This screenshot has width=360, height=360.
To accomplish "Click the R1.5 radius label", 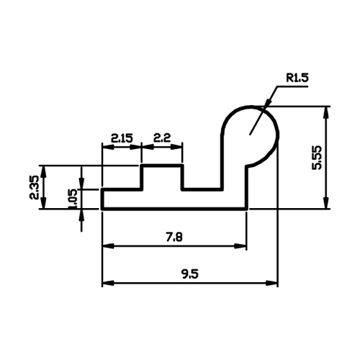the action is click(297, 78).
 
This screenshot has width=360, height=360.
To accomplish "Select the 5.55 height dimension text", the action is click(317, 158).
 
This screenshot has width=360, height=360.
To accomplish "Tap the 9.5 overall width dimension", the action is click(190, 274).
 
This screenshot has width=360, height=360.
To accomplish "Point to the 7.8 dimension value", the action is click(174, 237).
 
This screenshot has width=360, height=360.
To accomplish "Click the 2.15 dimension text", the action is click(122, 138).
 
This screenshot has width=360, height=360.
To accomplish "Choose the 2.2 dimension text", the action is click(162, 138).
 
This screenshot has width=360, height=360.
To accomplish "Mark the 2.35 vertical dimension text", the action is click(34, 187).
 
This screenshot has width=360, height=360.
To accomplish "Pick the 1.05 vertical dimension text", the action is click(73, 199).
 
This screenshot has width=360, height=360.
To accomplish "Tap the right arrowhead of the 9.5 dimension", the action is click(272, 283).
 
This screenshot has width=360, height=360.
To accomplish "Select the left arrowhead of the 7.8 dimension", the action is click(108, 246).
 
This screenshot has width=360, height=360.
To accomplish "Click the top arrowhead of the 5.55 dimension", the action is click(325, 112).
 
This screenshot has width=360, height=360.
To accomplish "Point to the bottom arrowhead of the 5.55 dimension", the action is click(325, 203).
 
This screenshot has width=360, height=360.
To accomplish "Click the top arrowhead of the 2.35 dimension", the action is click(43, 171).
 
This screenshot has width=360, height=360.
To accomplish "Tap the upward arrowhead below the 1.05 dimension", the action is click(82, 215).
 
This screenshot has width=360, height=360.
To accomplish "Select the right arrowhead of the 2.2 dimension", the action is click(176, 147).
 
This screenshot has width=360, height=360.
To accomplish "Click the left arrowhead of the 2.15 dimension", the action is click(108, 147).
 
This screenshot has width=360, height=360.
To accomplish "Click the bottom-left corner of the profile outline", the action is click(102, 209).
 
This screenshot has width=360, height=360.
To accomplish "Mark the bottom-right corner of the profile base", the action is click(246, 209).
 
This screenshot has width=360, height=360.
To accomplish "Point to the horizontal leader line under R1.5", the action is click(292, 86).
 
